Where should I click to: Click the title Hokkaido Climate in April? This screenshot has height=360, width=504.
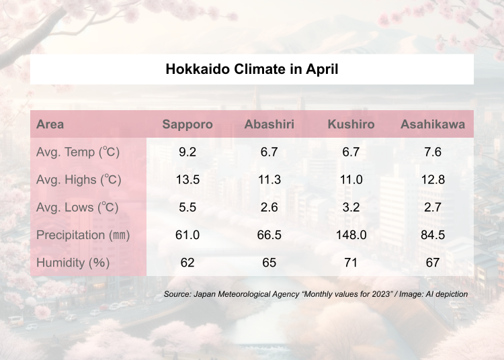pyautogui.click(x=252, y=69)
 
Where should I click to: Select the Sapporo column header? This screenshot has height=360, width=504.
pyautogui.click(x=187, y=124)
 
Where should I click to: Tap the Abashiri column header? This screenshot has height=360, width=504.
pyautogui.click(x=269, y=124)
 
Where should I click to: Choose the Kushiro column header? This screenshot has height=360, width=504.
pyautogui.click(x=351, y=124)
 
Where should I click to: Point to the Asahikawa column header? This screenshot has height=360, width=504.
pyautogui.click(x=433, y=124)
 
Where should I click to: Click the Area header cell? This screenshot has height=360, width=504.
pyautogui.click(x=50, y=124)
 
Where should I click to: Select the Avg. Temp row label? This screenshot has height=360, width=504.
pyautogui.click(x=78, y=152)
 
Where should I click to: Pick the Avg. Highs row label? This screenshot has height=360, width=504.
pyautogui.click(x=79, y=179)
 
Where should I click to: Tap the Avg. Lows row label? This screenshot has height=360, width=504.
pyautogui.click(x=77, y=207)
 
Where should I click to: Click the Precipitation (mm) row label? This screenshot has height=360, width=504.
pyautogui.click(x=83, y=235)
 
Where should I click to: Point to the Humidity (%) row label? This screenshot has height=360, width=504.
pyautogui.click(x=73, y=263)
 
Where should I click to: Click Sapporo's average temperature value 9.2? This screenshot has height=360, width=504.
pyautogui.click(x=187, y=152)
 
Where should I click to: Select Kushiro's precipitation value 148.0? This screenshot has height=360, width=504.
pyautogui.click(x=351, y=235)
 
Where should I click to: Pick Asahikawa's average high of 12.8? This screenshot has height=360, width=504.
pyautogui.click(x=433, y=179)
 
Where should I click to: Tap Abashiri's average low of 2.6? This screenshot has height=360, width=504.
pyautogui.click(x=269, y=207)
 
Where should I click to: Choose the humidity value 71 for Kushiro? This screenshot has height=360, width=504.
pyautogui.click(x=351, y=263)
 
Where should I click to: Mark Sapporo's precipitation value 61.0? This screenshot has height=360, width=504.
pyautogui.click(x=187, y=235)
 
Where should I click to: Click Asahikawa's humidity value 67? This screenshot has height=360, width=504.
pyautogui.click(x=433, y=263)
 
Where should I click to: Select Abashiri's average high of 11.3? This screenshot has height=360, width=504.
pyautogui.click(x=269, y=179)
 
